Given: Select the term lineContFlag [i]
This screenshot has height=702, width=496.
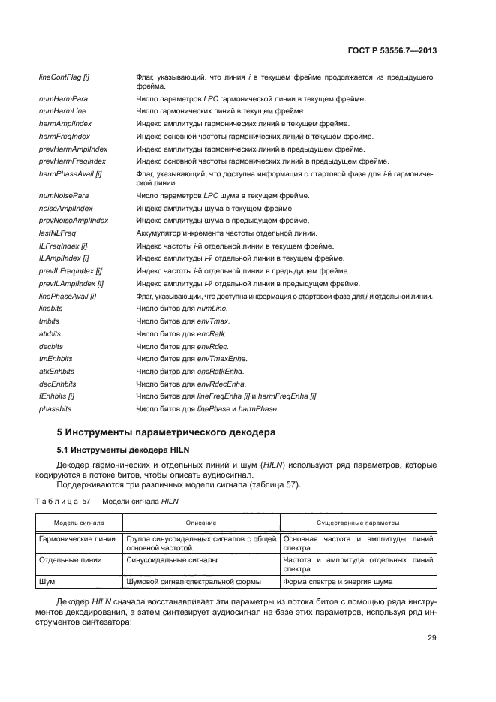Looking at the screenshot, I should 64,77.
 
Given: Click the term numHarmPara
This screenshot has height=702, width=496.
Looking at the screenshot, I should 62,99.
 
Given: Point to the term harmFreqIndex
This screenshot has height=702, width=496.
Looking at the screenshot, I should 64,137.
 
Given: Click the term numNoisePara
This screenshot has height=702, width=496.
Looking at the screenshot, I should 62,195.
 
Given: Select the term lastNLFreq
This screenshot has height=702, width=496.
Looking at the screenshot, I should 56,233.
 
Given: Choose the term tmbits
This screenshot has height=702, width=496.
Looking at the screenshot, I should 49,321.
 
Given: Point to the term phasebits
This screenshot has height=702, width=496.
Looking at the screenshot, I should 53,408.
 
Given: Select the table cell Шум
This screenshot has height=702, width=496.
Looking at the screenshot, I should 47,581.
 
